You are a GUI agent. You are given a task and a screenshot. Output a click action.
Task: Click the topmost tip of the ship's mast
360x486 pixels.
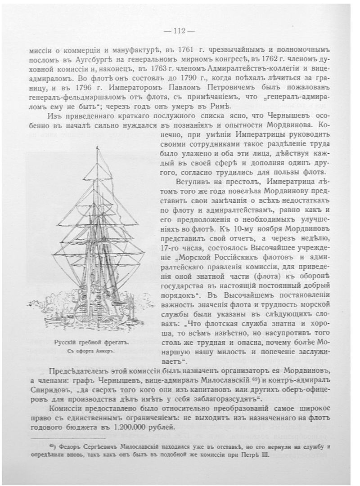click(x=95, y=147)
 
